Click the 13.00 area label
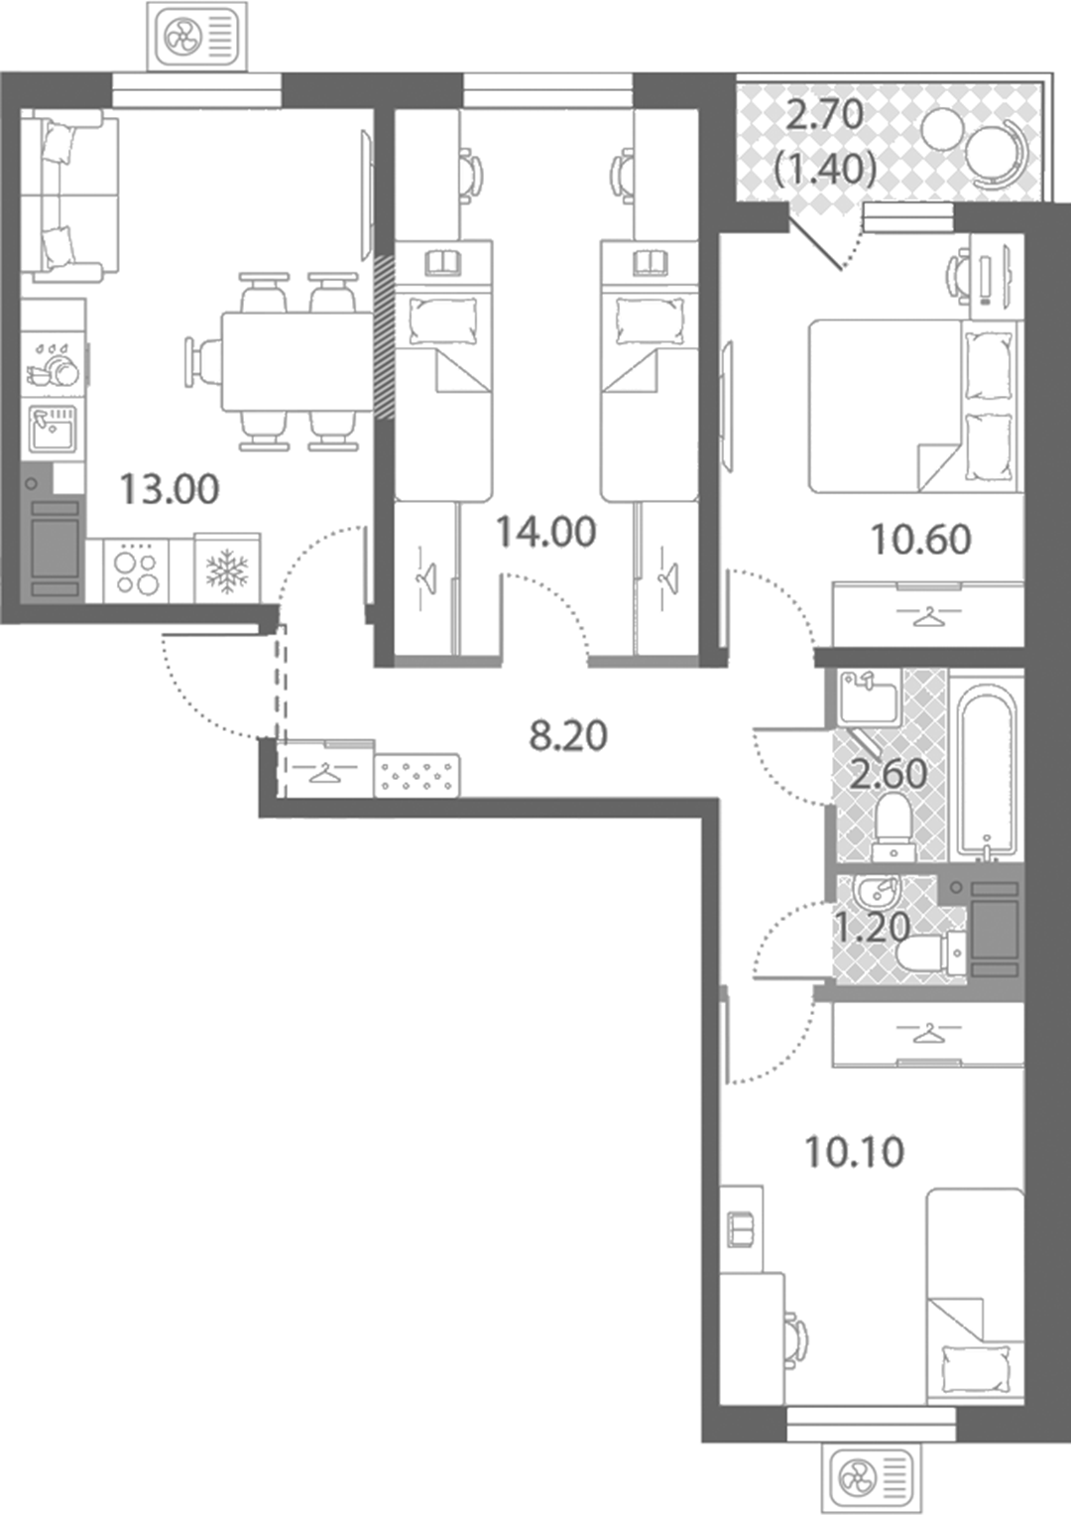coord(170,490)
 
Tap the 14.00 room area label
coord(546,532)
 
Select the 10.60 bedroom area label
coord(921,540)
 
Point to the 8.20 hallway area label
coord(568,736)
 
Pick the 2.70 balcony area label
coord(825,115)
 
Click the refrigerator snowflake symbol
coord(227,570)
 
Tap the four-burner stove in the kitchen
coord(136,569)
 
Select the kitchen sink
coord(53,429)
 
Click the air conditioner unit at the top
coord(197,35)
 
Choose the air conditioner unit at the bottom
coord(871,1479)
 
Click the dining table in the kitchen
coord(297,361)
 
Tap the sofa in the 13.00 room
coord(62,196)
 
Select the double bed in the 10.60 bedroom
coord(913,406)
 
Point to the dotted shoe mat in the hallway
coord(417,776)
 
